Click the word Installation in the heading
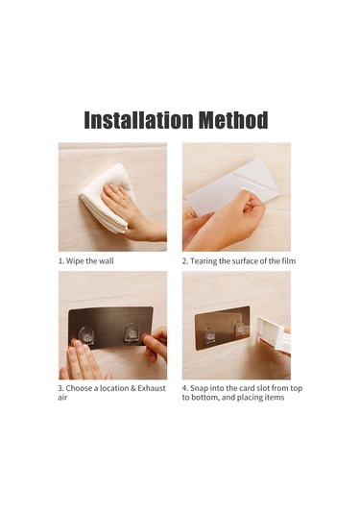click(x=138, y=120)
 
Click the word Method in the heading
click(x=233, y=120)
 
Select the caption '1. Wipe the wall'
click(x=86, y=261)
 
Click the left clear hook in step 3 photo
click(x=86, y=335)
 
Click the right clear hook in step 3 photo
click(x=132, y=332)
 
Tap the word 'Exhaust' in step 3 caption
click(x=152, y=388)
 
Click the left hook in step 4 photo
click(x=208, y=335)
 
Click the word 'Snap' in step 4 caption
click(x=199, y=389)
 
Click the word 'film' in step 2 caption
click(x=289, y=261)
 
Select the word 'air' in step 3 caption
click(x=62, y=398)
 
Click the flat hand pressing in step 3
click(x=84, y=360)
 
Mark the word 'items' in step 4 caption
click(x=275, y=398)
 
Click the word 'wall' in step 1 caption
click(x=107, y=261)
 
